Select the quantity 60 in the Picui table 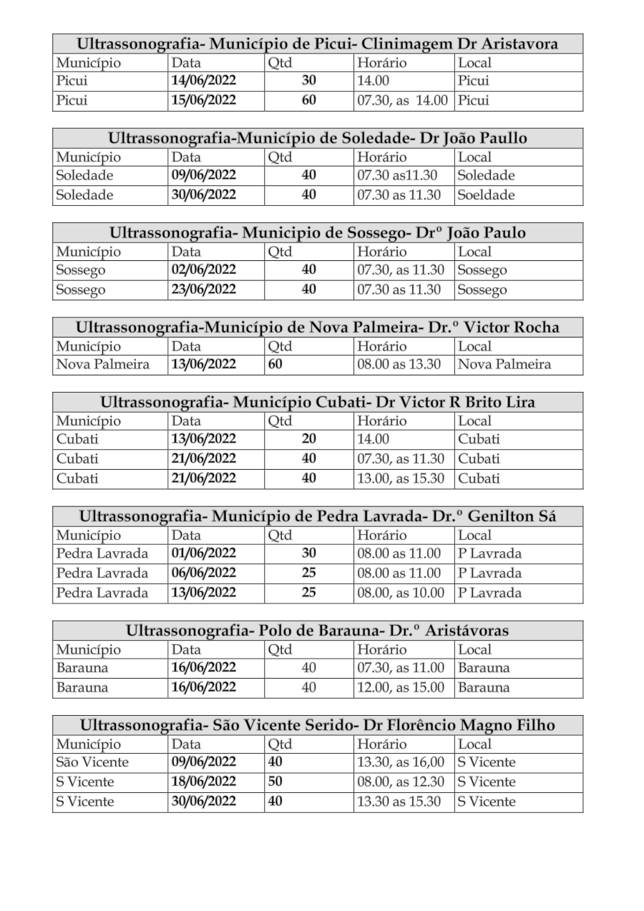coord(308,101)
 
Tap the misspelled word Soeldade coord(487,195)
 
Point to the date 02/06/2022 coord(204,270)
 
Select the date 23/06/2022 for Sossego coord(204,290)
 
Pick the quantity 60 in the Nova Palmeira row coord(275,365)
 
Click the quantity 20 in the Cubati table coord(308,439)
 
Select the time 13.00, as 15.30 coord(401,478)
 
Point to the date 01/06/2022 coord(204,553)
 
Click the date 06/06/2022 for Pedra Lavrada coord(204,573)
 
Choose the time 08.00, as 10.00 coord(401,593)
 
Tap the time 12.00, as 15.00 coord(401,688)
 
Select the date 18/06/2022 coord(204,782)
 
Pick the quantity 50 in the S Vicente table coord(275,782)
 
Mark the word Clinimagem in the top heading coord(403,44)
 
